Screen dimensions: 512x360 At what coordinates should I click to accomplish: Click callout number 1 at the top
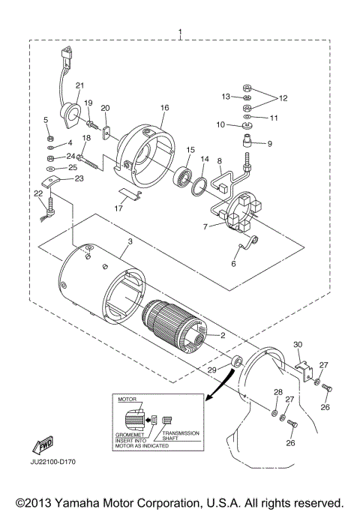179,33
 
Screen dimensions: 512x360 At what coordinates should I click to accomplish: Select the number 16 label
163,108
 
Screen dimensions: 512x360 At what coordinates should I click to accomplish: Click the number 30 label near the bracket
297,344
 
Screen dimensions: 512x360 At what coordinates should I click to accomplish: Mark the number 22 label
38,193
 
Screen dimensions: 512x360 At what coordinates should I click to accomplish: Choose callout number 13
224,97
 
